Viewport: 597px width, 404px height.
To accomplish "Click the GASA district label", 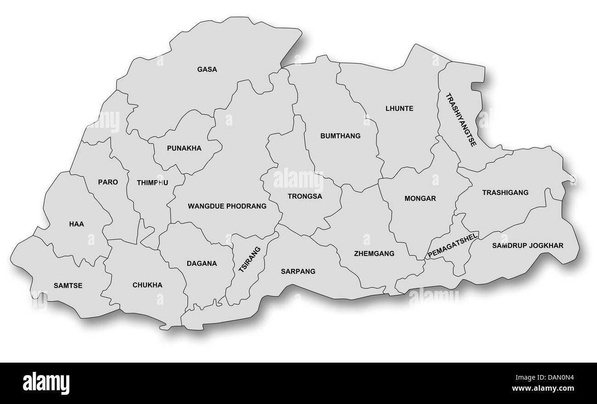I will coord(207,69).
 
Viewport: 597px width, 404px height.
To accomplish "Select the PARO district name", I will coord(108,182).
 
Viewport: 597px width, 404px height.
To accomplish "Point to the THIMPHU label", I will coord(152,182).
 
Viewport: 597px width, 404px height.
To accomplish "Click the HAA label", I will coord(77,224).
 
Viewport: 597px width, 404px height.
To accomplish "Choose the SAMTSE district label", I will coord(68,285).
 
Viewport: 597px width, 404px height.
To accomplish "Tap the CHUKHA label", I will coord(147,285).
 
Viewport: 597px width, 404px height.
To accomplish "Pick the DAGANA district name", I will coord(202,263).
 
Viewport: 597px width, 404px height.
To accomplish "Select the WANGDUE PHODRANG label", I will coord(227,206).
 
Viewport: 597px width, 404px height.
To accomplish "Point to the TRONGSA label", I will coord(305,196).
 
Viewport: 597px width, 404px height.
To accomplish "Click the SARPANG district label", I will coord(298,271).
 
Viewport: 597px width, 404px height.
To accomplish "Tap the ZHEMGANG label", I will coord(374,253).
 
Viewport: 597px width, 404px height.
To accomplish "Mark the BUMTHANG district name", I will coord(340,136).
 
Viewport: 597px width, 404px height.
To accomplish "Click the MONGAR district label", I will coord(420,199).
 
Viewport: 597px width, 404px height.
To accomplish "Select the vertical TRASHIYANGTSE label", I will coord(461,119).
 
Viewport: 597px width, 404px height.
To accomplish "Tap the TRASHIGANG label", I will coord(505,193).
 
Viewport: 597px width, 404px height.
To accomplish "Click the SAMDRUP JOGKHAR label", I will coord(528,245).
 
